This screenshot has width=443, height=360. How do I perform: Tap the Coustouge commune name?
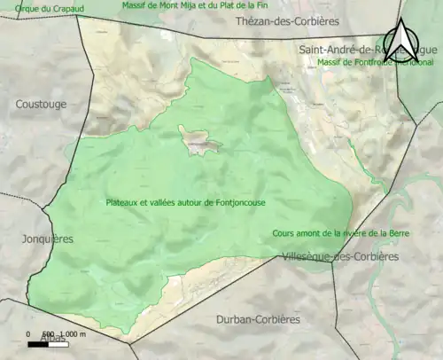(x=41, y=104)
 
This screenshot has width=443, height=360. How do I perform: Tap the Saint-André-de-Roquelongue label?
(x=354, y=50)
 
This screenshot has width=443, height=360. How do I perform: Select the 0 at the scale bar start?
(x=30, y=333)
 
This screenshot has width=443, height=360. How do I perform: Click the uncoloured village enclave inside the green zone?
(x=197, y=138)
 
